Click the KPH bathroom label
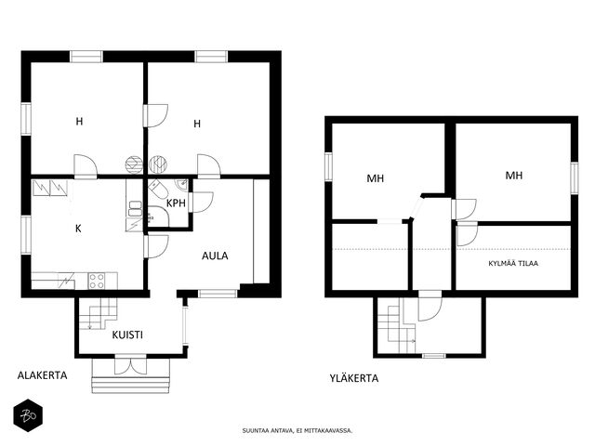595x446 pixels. click(176, 203)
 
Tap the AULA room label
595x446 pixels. click(215, 256)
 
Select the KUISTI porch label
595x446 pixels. click(127, 334)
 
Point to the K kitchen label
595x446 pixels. click(78, 229)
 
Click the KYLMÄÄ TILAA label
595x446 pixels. click(513, 263)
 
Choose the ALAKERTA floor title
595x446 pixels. click(42, 375)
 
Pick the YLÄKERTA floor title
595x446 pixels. click(353, 378)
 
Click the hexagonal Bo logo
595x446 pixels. click(28, 415)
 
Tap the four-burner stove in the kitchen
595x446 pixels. click(97, 281)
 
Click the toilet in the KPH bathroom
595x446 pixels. click(156, 189)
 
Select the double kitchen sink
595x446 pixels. click(134, 209)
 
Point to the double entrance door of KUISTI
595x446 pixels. click(130, 365)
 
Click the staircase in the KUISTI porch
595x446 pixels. click(98, 313)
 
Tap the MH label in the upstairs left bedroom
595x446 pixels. click(376, 178)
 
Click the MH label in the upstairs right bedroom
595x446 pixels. click(514, 176)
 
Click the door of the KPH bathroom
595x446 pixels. click(201, 203)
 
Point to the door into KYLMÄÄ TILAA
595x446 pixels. click(467, 235)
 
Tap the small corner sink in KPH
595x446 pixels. click(182, 186)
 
